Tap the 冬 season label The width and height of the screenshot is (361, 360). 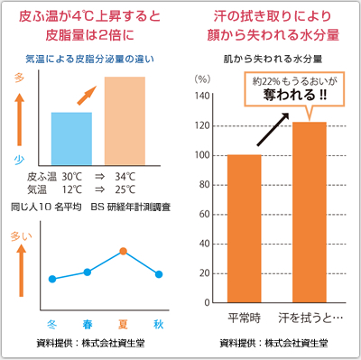click(x=53, y=322)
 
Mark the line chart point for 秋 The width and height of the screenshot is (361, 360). click(x=159, y=273)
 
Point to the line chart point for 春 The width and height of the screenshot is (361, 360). click(x=88, y=272)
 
